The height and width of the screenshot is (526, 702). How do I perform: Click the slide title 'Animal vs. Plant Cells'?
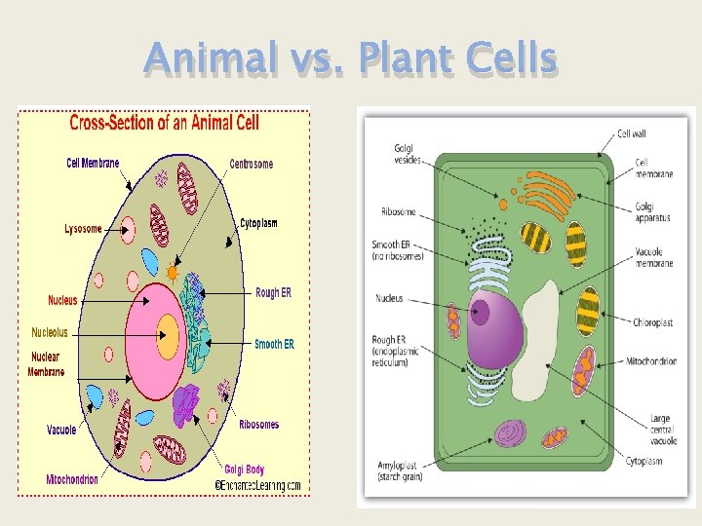click(x=350, y=60)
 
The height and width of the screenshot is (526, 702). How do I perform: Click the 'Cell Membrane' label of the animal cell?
click(x=93, y=163)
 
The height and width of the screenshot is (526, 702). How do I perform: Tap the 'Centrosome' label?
click(x=252, y=164)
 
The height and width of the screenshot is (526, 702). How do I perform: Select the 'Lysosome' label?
click(x=83, y=229)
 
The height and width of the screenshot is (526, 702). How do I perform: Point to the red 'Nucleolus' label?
click(x=50, y=332)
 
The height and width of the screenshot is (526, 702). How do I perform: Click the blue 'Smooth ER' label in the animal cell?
click(x=274, y=344)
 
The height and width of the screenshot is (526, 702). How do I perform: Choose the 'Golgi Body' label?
click(x=244, y=470)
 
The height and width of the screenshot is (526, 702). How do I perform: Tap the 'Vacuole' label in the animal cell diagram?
click(x=61, y=430)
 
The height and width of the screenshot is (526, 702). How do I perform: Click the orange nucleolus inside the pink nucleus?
click(x=168, y=338)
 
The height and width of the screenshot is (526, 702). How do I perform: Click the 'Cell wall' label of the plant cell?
click(x=632, y=133)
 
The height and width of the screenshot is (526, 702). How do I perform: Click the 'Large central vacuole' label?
click(x=660, y=430)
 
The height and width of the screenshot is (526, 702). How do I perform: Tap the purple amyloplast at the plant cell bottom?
click(x=511, y=432)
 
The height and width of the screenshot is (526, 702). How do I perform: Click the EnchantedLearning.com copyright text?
click(x=257, y=485)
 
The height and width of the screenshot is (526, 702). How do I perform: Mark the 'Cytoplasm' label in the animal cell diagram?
click(x=258, y=223)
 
